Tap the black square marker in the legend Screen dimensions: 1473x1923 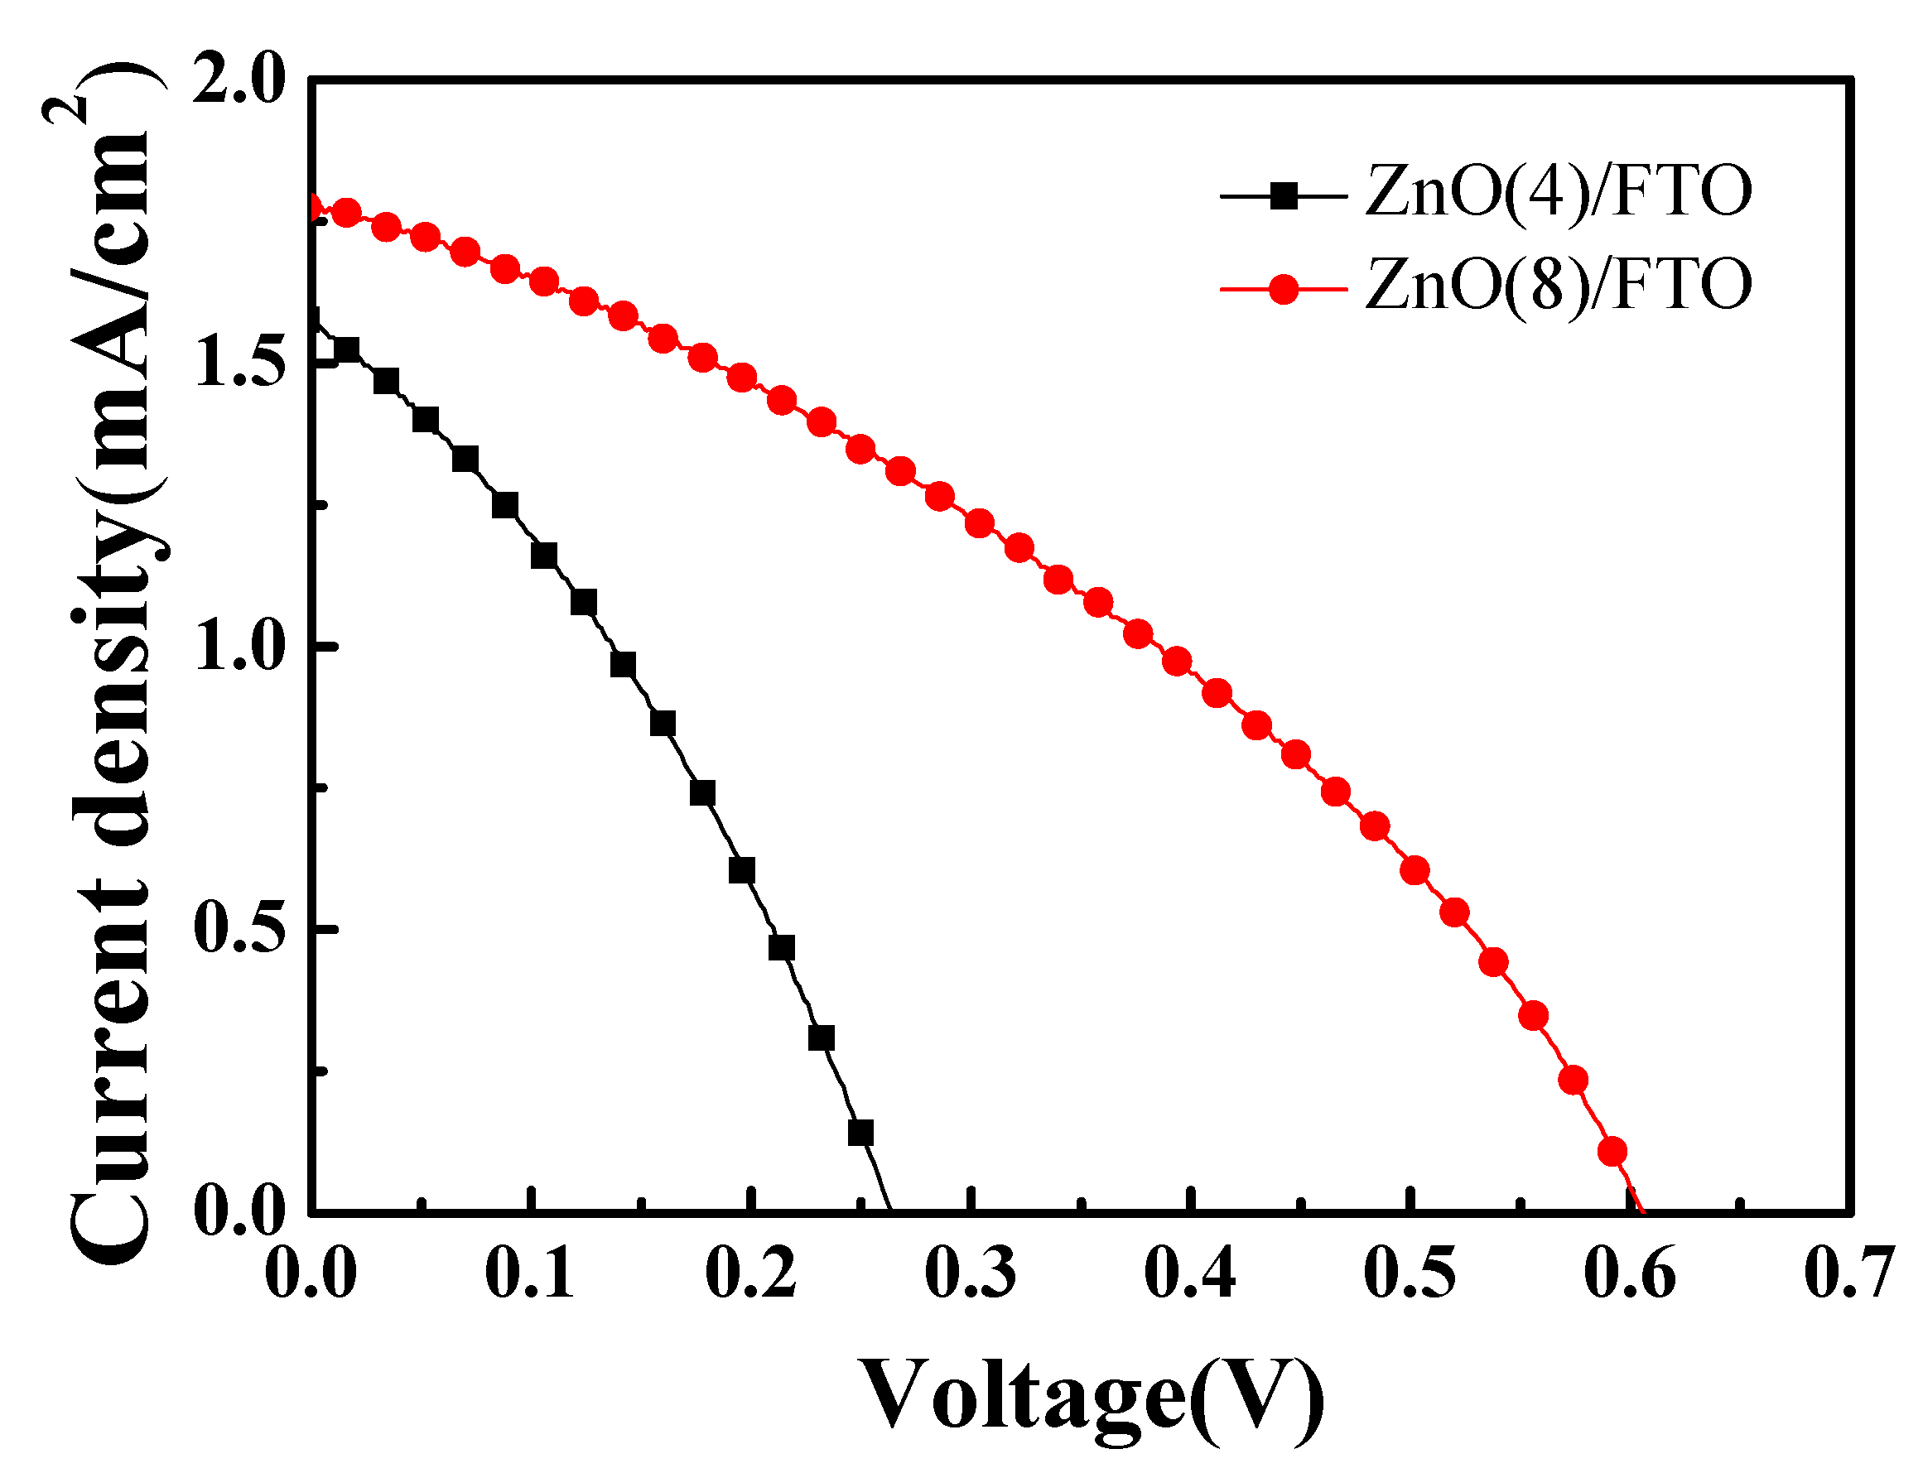(x=1283, y=196)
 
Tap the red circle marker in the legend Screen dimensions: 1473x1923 (x=1283, y=288)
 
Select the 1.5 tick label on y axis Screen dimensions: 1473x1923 (x=239, y=363)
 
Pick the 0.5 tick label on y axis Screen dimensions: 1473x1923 (x=239, y=929)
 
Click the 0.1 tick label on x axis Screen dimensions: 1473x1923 (x=530, y=1273)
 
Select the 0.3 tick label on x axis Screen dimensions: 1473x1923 (x=970, y=1273)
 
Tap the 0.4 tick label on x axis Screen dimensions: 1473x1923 (x=1190, y=1273)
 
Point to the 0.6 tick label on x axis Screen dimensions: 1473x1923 (x=1629, y=1273)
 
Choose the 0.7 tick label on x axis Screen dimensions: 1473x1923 (x=1848, y=1273)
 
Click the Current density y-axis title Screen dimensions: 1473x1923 (x=109, y=667)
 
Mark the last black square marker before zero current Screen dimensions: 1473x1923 (x=860, y=1133)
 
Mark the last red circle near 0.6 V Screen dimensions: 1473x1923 (x=1612, y=1151)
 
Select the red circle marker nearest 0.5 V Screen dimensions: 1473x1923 (x=1415, y=871)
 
